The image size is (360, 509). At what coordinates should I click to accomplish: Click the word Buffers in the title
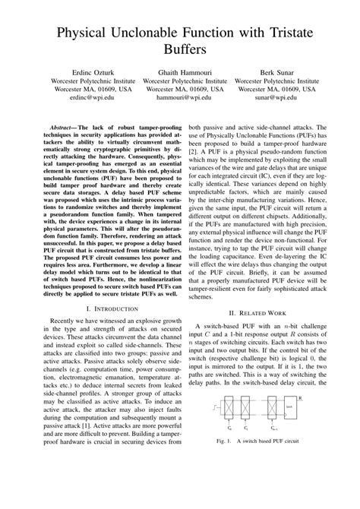point(179,52)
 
